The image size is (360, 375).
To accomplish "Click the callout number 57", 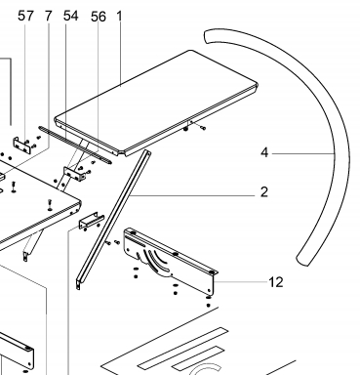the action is pyautogui.click(x=25, y=16).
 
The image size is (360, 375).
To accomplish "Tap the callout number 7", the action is pyautogui.click(x=48, y=16).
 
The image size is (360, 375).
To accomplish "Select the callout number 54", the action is pyautogui.click(x=70, y=16).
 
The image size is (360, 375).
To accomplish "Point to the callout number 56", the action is pyautogui.click(x=99, y=17).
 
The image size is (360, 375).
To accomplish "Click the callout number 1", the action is pyautogui.click(x=119, y=16).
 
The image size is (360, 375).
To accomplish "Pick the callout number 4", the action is pyautogui.click(x=264, y=152).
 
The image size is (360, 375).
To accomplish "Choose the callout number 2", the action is pyautogui.click(x=264, y=192).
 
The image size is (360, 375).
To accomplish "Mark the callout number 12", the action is pyautogui.click(x=276, y=282).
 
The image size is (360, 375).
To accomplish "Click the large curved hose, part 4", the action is pyautogui.click(x=341, y=153).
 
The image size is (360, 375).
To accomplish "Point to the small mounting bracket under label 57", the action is pyautogui.click(x=22, y=146).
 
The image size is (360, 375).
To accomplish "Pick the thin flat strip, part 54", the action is pyautogui.click(x=75, y=145).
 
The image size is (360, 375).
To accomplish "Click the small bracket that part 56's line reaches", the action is pyautogui.click(x=74, y=174).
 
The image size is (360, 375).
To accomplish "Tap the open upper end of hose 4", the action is pyautogui.click(x=206, y=36).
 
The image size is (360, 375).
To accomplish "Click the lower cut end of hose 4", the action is pyautogui.click(x=301, y=261).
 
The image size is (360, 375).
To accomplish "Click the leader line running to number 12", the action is pyautogui.click(x=241, y=282).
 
